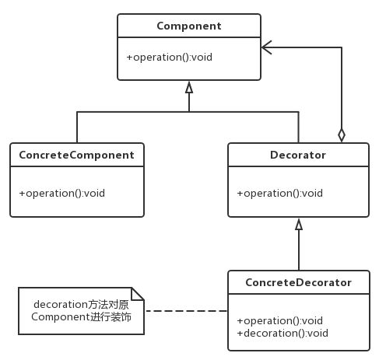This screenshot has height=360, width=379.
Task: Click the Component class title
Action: coord(189,26)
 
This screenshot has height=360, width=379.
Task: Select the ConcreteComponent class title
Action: coord(77,155)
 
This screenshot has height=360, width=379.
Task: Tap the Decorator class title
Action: coord(298,155)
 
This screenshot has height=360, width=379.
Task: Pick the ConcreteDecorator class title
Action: coord(299,282)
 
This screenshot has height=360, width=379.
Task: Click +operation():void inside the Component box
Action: coord(170,58)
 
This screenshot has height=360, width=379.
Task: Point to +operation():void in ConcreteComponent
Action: coord(62,194)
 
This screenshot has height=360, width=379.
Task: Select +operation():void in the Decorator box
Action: coord(280,194)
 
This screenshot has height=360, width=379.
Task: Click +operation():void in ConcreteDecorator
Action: coord(280,321)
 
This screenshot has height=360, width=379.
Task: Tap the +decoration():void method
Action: coord(282,334)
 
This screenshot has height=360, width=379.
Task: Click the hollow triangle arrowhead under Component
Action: coord(189,87)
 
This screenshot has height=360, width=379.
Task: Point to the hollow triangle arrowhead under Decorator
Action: coord(299,224)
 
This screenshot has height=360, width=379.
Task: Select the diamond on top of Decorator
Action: coord(342,135)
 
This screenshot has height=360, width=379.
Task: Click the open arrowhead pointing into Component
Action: coord(266,47)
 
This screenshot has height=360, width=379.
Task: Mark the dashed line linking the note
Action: coord(186,310)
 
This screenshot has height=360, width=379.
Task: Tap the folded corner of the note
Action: coord(138,294)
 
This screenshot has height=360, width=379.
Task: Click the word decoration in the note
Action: coord(61,305)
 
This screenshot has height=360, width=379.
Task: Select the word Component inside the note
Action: coord(61,317)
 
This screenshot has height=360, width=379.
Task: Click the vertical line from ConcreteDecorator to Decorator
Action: coord(299,250)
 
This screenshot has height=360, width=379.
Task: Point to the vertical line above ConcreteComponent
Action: coord(77,128)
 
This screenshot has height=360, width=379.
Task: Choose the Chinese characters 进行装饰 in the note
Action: coord(111,317)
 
